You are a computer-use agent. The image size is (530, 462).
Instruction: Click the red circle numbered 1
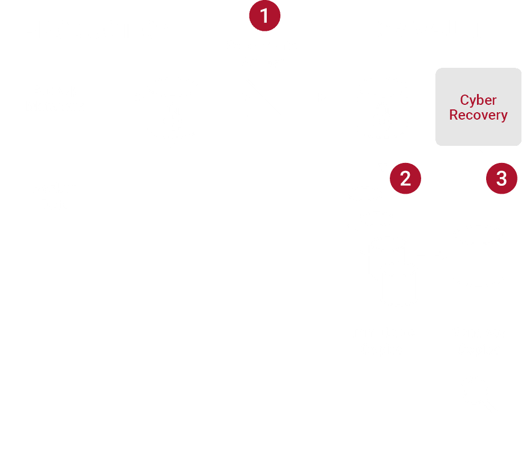[265, 15]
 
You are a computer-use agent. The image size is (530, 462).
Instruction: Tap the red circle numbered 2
[405, 178]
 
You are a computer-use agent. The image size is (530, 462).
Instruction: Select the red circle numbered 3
[502, 178]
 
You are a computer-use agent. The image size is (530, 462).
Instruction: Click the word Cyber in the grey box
[478, 100]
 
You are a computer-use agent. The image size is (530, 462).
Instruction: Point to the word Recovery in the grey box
[478, 115]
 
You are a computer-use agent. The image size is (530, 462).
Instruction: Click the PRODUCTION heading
[99, 30]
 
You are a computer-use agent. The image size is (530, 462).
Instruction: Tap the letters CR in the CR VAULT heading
[389, 30]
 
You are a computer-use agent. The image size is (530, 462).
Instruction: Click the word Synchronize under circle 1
[265, 46]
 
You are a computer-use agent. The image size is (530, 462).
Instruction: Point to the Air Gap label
[265, 62]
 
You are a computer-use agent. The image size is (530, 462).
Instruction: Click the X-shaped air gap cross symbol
[264, 97]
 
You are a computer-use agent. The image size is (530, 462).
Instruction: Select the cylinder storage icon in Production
[173, 108]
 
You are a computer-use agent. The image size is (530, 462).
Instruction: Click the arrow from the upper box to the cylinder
[128, 97]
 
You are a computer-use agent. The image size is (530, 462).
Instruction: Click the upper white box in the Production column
[55, 97]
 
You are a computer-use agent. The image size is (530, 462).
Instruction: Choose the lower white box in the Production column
[55, 197]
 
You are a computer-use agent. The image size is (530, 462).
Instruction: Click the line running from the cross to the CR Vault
[302, 97]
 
